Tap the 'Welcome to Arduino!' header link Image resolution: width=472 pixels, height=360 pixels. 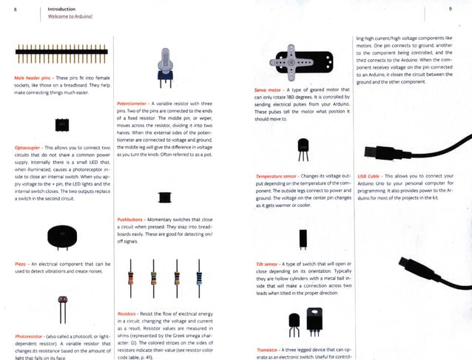73,16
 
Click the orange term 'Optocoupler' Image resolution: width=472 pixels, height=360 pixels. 28,148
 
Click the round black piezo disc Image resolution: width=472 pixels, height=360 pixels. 61,237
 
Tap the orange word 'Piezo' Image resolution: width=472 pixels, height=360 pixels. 21,264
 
